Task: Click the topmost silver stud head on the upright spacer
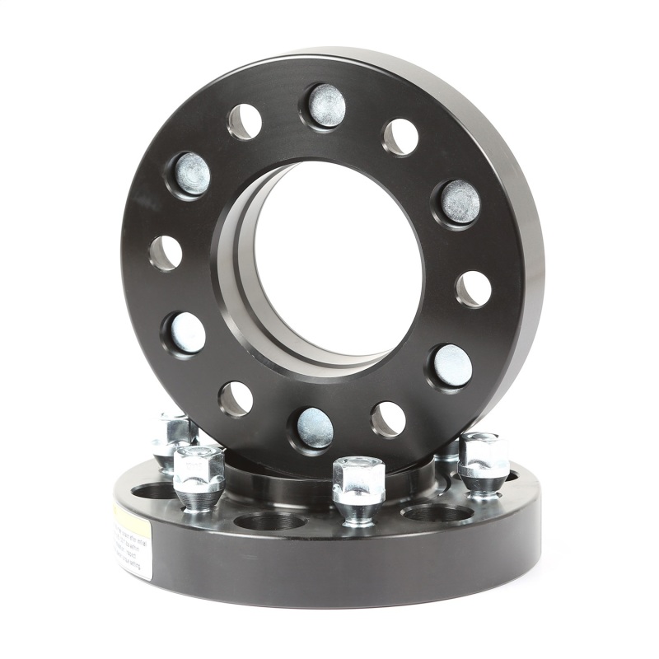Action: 326,105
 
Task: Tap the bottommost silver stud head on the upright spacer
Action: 315,428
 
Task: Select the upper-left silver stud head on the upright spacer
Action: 191,174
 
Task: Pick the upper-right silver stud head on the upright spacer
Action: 460,202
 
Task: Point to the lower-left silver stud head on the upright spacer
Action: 186,333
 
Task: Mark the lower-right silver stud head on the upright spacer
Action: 451,366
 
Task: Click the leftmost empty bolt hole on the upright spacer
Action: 166,253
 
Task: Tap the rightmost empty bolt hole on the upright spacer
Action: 474,288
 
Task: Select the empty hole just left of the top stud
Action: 245,122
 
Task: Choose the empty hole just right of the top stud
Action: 400,137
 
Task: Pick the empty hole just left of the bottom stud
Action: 236,399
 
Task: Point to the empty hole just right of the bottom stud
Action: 388,419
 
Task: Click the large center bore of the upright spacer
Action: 338,259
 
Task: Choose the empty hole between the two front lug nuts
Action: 270,521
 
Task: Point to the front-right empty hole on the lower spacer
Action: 437,513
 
